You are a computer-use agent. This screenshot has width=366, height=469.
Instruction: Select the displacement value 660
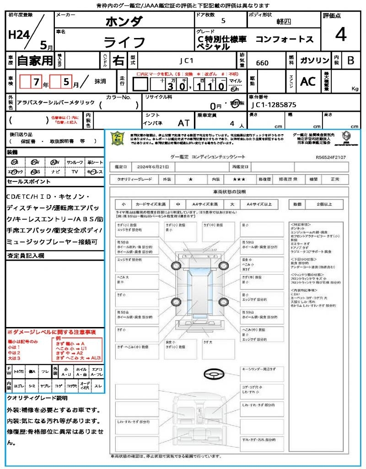pos(262,63)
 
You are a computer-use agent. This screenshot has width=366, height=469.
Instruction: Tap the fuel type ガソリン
pos(314,61)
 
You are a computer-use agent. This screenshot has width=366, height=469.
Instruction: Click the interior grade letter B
pos(350,61)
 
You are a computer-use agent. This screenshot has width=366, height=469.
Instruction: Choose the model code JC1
pos(186,60)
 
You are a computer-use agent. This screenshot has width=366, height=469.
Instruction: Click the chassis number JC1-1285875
pos(274,104)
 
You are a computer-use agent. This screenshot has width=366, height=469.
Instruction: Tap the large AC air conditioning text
pos(308,82)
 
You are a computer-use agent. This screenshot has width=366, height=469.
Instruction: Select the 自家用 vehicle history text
pos(35,60)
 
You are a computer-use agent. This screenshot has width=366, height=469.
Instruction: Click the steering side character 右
pos(118,60)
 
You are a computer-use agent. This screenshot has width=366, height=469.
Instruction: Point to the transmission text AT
pos(183,123)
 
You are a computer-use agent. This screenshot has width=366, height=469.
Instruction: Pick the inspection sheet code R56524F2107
pos(331,157)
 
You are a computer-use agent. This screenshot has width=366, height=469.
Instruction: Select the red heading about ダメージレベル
pos(51,332)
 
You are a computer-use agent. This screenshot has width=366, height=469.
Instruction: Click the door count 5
pos(223,21)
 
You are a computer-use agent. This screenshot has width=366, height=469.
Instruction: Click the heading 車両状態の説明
pos(229,191)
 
